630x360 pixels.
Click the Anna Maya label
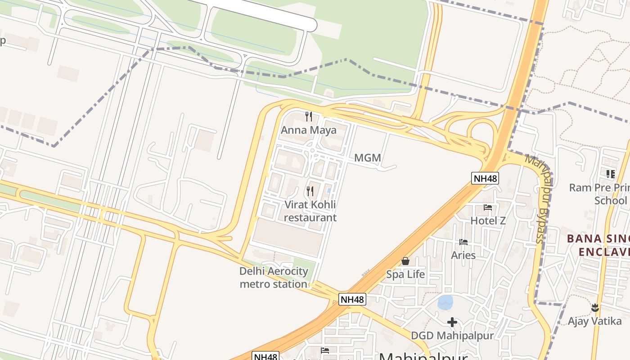click(x=309, y=130)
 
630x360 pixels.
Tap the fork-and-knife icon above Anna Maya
click(x=309, y=117)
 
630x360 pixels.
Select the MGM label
click(x=368, y=158)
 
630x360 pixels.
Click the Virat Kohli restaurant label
click(x=310, y=211)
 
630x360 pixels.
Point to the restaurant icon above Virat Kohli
click(x=310, y=191)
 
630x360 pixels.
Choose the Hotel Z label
click(x=488, y=220)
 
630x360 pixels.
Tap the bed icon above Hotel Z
click(x=488, y=207)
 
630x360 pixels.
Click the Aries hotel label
click(x=463, y=255)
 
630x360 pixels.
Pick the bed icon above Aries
click(x=463, y=242)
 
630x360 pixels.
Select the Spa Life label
click(x=405, y=274)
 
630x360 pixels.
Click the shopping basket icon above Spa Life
click(x=405, y=261)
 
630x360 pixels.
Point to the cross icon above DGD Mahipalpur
click(x=452, y=322)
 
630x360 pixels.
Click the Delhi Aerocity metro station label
click(x=274, y=278)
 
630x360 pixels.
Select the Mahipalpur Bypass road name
click(x=539, y=198)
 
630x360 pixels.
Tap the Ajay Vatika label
click(x=594, y=321)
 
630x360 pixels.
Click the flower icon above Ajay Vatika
click(x=595, y=308)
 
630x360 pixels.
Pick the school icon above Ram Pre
click(x=610, y=174)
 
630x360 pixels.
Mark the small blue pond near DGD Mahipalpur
click(x=445, y=302)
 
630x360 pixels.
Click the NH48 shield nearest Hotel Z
click(x=486, y=178)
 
